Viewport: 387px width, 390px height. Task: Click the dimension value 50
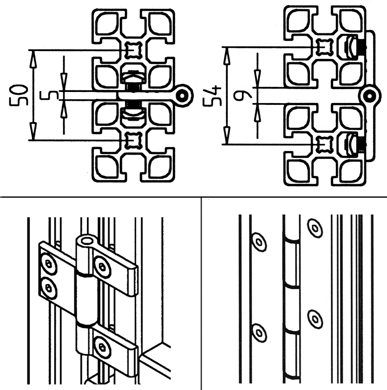pyautogui.click(x=19, y=95)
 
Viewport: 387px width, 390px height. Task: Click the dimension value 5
pyautogui.click(x=50, y=95)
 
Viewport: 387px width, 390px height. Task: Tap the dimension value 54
pyautogui.click(x=212, y=96)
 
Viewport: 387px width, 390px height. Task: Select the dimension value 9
pyautogui.click(x=243, y=96)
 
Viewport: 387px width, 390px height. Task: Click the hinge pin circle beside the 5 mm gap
pyautogui.click(x=182, y=96)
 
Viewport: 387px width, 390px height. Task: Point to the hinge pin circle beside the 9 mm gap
pyautogui.click(x=370, y=96)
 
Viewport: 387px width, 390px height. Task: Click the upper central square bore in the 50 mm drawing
pyautogui.click(x=133, y=50)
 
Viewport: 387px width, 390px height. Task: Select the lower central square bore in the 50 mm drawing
pyautogui.click(x=133, y=141)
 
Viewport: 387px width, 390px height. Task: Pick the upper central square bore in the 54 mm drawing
pyautogui.click(x=325, y=47)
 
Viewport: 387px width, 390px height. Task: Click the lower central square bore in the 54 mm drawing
pyautogui.click(x=325, y=144)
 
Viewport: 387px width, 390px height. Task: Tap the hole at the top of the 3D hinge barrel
pyautogui.click(x=86, y=240)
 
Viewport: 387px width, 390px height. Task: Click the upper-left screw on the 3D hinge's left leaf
pyautogui.click(x=49, y=264)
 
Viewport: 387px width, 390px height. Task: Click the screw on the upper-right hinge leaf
pyautogui.click(x=102, y=266)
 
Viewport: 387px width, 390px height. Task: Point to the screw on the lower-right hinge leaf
pyautogui.click(x=102, y=347)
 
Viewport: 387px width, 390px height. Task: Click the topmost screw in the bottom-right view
pyautogui.click(x=315, y=228)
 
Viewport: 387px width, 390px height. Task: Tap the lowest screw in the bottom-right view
pyautogui.click(x=259, y=333)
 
